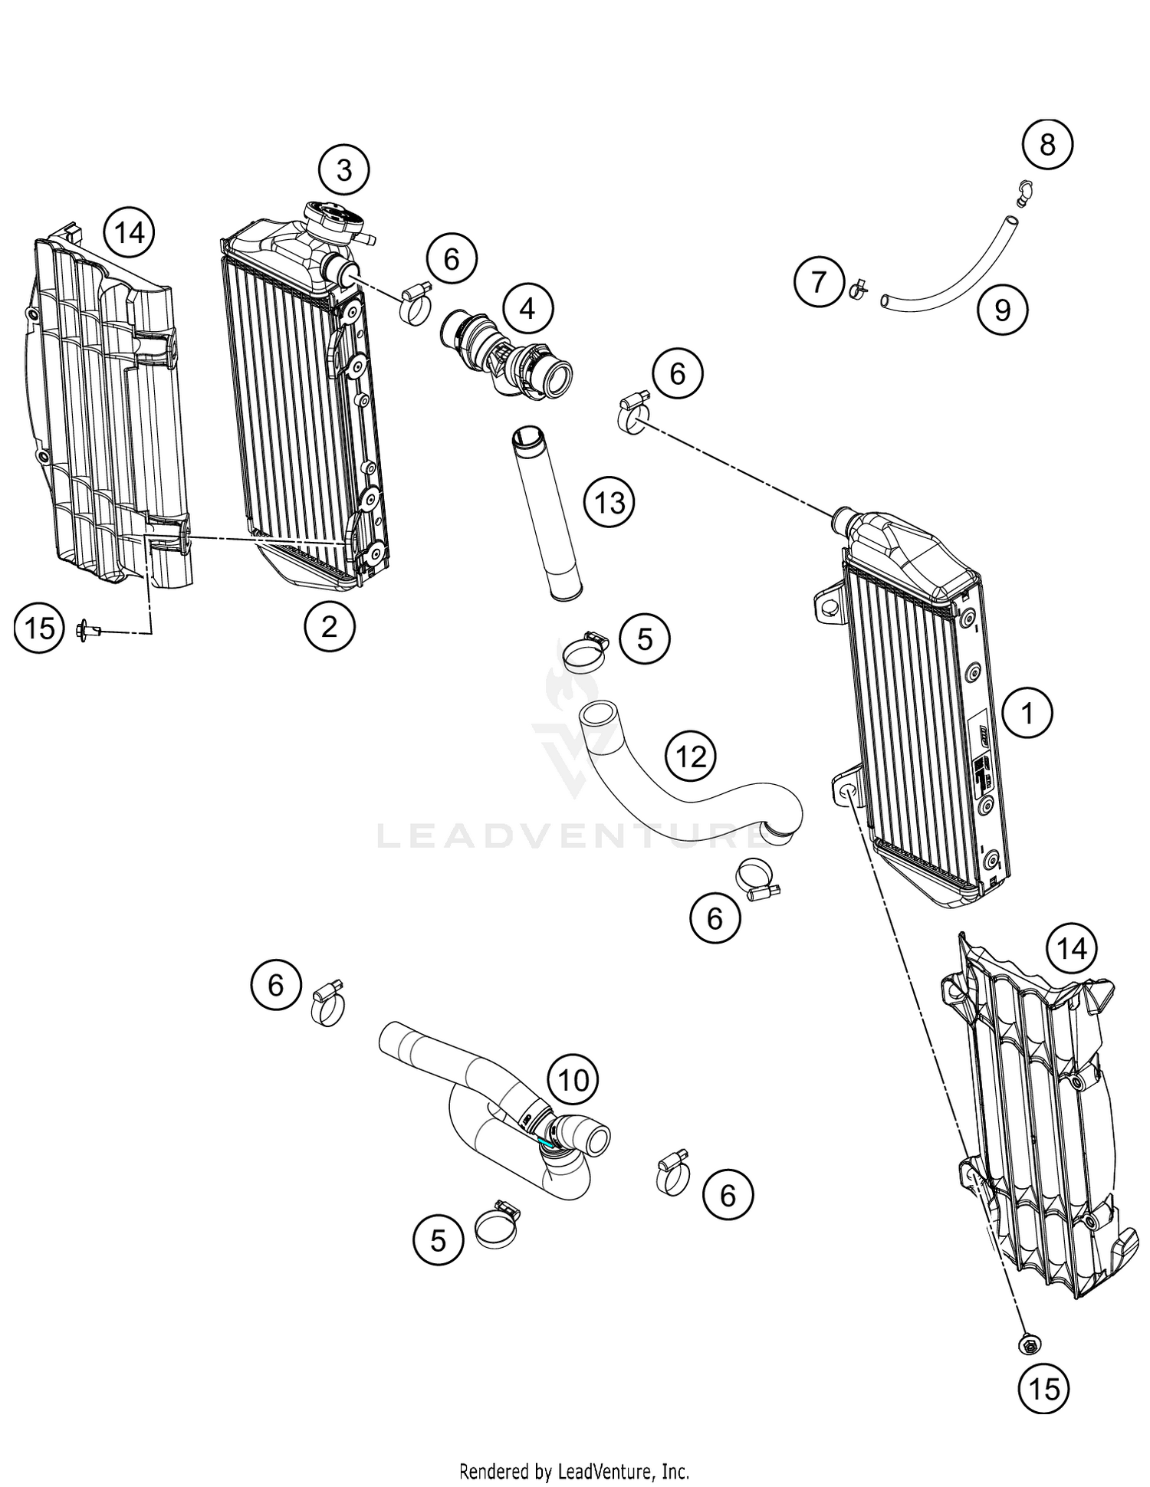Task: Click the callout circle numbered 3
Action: [344, 169]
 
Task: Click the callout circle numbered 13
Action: [609, 503]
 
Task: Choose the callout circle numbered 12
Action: [691, 757]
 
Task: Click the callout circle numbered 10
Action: [573, 1080]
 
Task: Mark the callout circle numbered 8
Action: [1047, 144]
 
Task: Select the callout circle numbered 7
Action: [819, 281]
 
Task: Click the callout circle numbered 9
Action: [1003, 310]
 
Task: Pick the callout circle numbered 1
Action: [1027, 713]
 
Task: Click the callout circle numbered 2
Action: [330, 627]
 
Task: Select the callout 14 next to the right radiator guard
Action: [1072, 949]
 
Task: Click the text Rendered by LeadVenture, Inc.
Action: [574, 1471]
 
